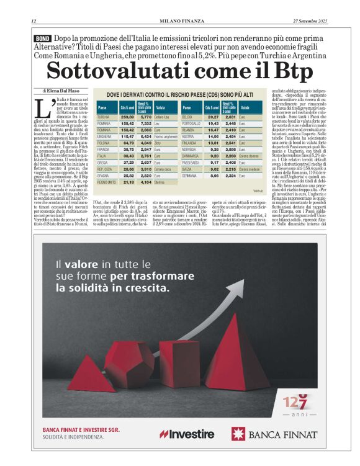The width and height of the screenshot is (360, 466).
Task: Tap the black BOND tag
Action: [42, 38]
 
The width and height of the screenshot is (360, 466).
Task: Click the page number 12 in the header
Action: [34, 21]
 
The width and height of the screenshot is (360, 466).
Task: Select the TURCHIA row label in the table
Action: [104, 117]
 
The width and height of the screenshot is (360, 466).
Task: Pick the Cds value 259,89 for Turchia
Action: [127, 117]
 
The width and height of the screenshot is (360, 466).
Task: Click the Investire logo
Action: [187, 433]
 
